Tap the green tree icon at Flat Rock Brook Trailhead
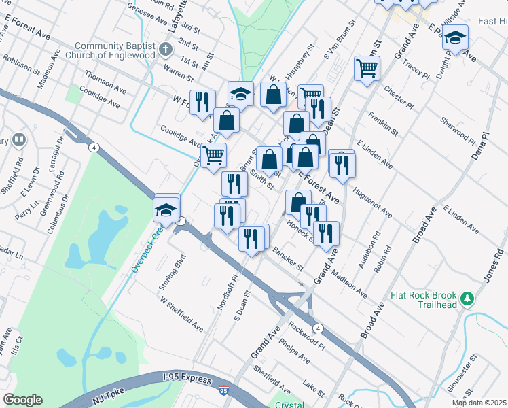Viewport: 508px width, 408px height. (467, 298)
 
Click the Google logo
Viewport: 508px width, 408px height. (23, 400)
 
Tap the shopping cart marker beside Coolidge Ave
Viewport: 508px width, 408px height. (213, 155)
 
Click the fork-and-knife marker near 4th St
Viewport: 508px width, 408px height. (202, 102)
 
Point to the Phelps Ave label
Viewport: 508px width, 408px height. (295, 350)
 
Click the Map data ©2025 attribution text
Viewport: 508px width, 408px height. (479, 403)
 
